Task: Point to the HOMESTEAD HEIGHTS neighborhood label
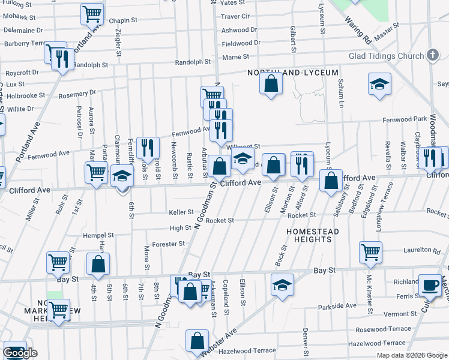(x=312, y=235)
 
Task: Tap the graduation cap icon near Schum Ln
(x=379, y=84)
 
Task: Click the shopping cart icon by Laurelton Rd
(x=370, y=252)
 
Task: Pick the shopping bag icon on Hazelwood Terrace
(x=197, y=341)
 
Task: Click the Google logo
(x=20, y=353)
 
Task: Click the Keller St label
(x=181, y=212)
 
